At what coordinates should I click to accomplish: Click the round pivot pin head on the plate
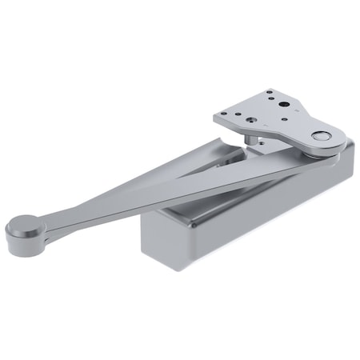click(x=321, y=137)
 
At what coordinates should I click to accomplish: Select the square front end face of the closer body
click(x=167, y=236)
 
